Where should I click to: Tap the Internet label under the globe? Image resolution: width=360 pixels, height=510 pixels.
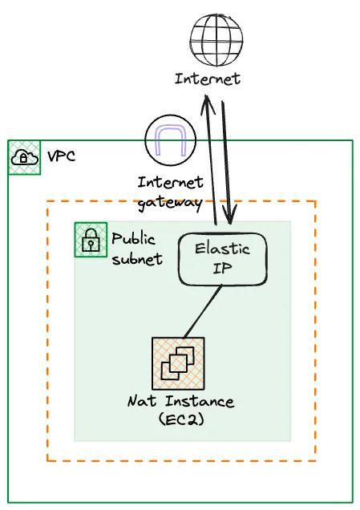point(207,79)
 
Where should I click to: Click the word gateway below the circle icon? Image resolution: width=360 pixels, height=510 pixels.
point(170,202)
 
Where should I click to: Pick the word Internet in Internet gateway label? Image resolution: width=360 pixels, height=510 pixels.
point(170,183)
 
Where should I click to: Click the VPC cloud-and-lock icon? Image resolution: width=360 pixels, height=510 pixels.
point(24,157)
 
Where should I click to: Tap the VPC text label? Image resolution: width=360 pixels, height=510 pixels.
point(62,156)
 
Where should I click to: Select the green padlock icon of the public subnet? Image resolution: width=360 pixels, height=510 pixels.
point(90,240)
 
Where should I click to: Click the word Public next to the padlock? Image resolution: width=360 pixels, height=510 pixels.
point(133,239)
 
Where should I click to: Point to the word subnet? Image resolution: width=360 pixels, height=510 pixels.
point(136,258)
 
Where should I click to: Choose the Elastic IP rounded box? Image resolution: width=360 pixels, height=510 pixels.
point(222,258)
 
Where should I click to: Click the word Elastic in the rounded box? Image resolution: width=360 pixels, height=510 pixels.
point(222,249)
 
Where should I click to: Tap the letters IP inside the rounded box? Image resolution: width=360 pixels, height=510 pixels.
point(222,269)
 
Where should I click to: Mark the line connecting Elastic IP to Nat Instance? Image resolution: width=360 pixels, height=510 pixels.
point(203,311)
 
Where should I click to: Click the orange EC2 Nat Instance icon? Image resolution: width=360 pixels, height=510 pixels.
point(177,363)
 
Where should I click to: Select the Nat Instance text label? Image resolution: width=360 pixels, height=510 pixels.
point(180,401)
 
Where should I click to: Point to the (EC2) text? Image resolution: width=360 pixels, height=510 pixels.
point(180,419)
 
